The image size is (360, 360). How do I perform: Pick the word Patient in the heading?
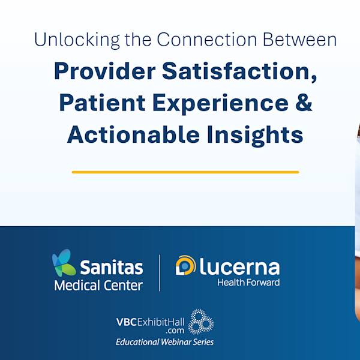click(x=102, y=103)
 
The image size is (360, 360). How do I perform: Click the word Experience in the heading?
click(x=224, y=103)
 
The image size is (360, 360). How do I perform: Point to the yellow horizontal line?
click(x=185, y=172)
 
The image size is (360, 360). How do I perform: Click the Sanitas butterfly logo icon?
click(x=64, y=263)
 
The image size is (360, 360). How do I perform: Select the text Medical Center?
click(x=98, y=285)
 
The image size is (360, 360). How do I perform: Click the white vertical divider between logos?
click(x=160, y=272)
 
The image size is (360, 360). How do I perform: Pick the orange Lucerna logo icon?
click(x=184, y=266)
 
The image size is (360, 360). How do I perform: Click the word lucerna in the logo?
click(x=238, y=266)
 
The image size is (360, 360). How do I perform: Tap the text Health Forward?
click(x=248, y=282)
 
